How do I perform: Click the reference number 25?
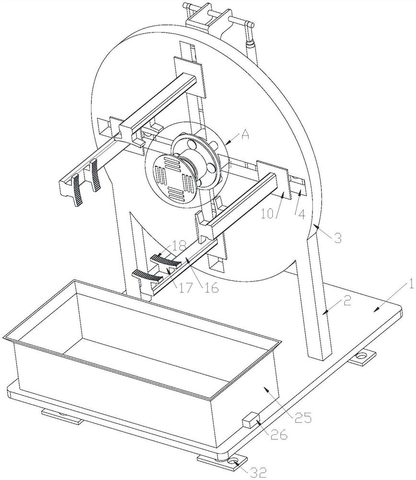(x=302, y=417)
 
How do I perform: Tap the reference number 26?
(x=279, y=434)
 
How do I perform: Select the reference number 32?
(x=259, y=473)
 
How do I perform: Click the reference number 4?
(x=301, y=215)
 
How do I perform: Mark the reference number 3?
(x=337, y=238)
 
